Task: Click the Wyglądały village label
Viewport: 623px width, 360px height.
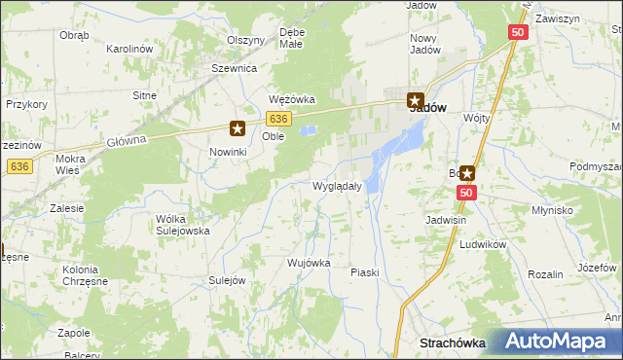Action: [x=337, y=186]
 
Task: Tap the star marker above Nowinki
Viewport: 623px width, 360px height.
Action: [x=238, y=127]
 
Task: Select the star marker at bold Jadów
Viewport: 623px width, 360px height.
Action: [x=415, y=99]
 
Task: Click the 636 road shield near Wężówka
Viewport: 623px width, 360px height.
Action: [x=278, y=118]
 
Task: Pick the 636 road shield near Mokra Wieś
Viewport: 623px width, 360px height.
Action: [x=18, y=166]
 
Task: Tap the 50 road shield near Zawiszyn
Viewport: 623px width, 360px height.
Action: [x=518, y=32]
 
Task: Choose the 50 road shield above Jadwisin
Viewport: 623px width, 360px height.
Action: [x=466, y=194]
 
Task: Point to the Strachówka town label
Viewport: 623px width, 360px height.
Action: [x=452, y=342]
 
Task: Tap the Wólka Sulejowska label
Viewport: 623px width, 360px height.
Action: [x=183, y=226]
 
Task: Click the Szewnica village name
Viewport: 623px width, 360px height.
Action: [x=234, y=69]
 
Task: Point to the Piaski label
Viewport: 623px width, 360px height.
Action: [x=364, y=273]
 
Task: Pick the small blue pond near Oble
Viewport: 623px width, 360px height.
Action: [x=309, y=129]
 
